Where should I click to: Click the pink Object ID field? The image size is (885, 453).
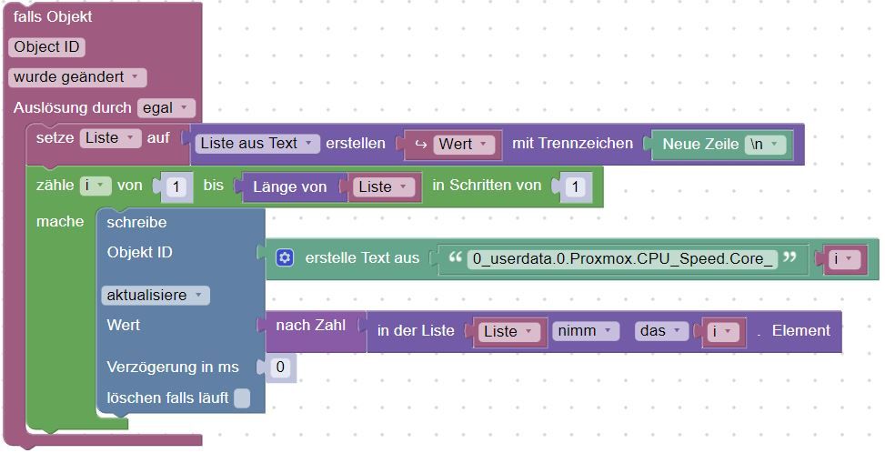(x=47, y=47)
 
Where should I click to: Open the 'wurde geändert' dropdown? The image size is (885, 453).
(x=76, y=77)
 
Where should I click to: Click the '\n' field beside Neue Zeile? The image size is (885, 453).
(x=765, y=144)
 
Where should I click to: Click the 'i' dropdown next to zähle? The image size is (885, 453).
(x=95, y=186)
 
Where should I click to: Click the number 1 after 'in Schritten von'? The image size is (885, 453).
(x=575, y=186)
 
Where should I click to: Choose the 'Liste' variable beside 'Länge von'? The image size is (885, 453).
(x=384, y=186)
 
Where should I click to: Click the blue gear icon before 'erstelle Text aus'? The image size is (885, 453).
(x=285, y=258)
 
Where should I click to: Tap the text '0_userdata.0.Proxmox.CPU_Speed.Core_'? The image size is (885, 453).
(x=623, y=259)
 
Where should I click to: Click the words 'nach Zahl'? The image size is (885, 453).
(x=310, y=325)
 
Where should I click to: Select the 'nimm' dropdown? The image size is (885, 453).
(x=585, y=331)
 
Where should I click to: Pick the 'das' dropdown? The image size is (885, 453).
(x=660, y=331)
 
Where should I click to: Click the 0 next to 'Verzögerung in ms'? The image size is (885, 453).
(x=280, y=367)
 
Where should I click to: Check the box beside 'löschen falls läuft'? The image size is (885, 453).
(x=242, y=398)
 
